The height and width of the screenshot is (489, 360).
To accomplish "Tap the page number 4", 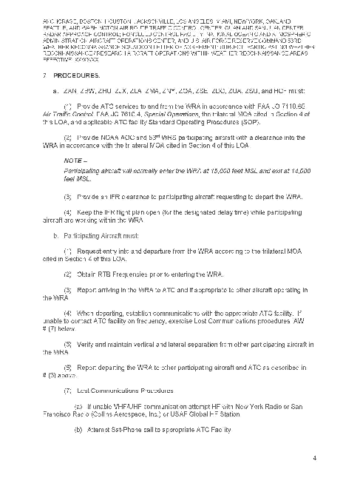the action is [315, 458].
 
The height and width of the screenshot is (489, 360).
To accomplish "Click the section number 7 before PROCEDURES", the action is [45, 76].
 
